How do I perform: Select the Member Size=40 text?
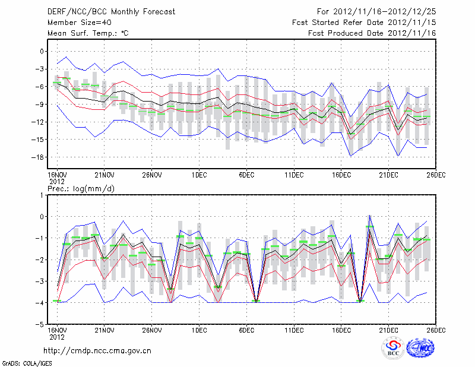tap(75, 22)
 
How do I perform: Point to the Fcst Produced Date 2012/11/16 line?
tap(372, 33)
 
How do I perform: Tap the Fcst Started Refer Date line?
tap(372, 22)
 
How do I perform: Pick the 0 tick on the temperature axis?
tap(42, 52)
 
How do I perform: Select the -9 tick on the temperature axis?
tap(40, 105)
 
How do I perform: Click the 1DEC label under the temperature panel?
tap(199, 175)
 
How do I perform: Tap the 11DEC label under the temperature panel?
tap(294, 175)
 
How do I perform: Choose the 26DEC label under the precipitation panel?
tap(436, 330)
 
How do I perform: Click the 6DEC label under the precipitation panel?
tap(246, 330)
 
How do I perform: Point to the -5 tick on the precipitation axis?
tap(40, 325)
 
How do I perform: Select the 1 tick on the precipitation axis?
tap(43, 195)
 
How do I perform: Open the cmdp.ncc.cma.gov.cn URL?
tap(98, 350)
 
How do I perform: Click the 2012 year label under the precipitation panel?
tap(56, 337)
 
